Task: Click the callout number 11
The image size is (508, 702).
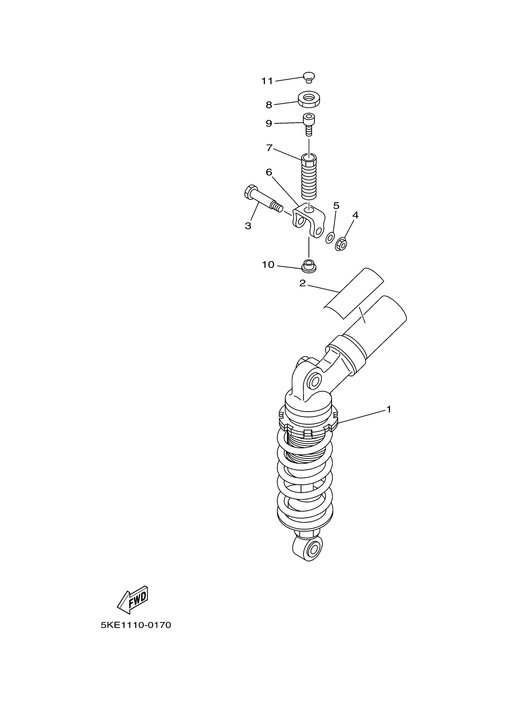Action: click(267, 81)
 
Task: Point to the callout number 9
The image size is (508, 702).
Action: click(269, 124)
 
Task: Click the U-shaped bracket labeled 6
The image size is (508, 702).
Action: click(309, 220)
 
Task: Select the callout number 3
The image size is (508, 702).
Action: click(248, 226)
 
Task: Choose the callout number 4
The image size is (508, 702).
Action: click(355, 215)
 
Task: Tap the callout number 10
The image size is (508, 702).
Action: click(268, 265)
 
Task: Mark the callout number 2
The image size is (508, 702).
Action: click(302, 283)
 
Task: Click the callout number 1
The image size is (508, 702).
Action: click(389, 409)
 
